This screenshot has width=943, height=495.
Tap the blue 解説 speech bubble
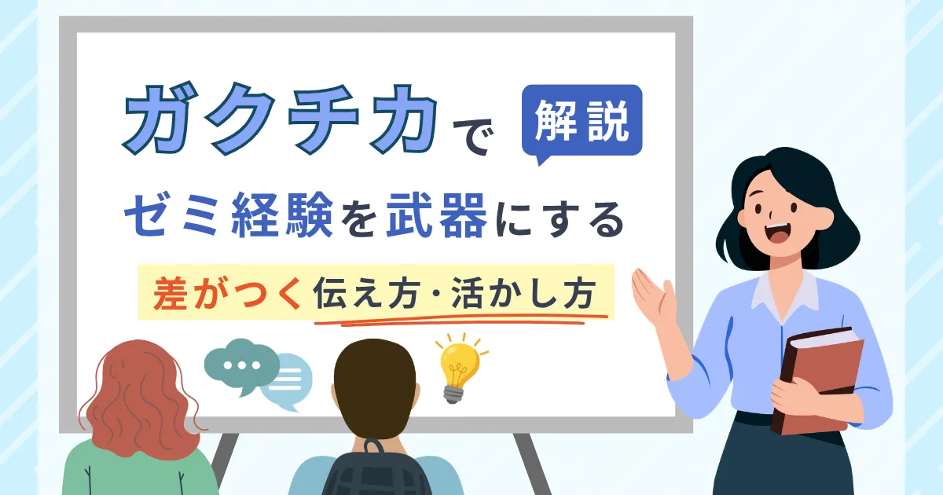(582, 121)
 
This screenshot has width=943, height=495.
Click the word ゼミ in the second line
(172, 214)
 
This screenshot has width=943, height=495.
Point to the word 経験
(282, 214)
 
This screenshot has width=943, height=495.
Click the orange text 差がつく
(228, 293)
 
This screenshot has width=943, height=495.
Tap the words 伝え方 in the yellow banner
(367, 293)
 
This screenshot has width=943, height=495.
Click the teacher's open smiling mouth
(777, 233)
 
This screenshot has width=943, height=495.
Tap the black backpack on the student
(376, 469)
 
